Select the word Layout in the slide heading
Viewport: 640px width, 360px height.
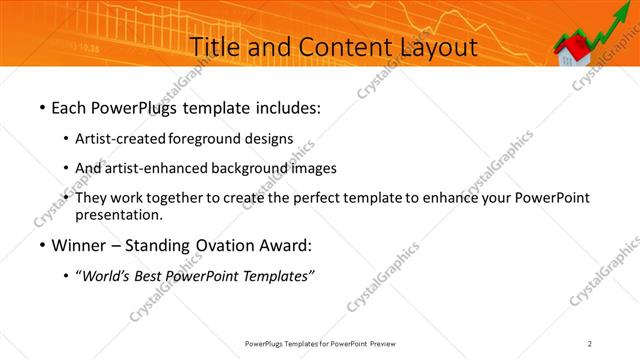click(x=435, y=47)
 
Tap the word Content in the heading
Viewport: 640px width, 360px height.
click(x=339, y=47)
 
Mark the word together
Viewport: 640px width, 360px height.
click(x=182, y=198)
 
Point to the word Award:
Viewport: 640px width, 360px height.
click(x=284, y=246)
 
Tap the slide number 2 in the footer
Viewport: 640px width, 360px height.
click(x=590, y=343)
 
